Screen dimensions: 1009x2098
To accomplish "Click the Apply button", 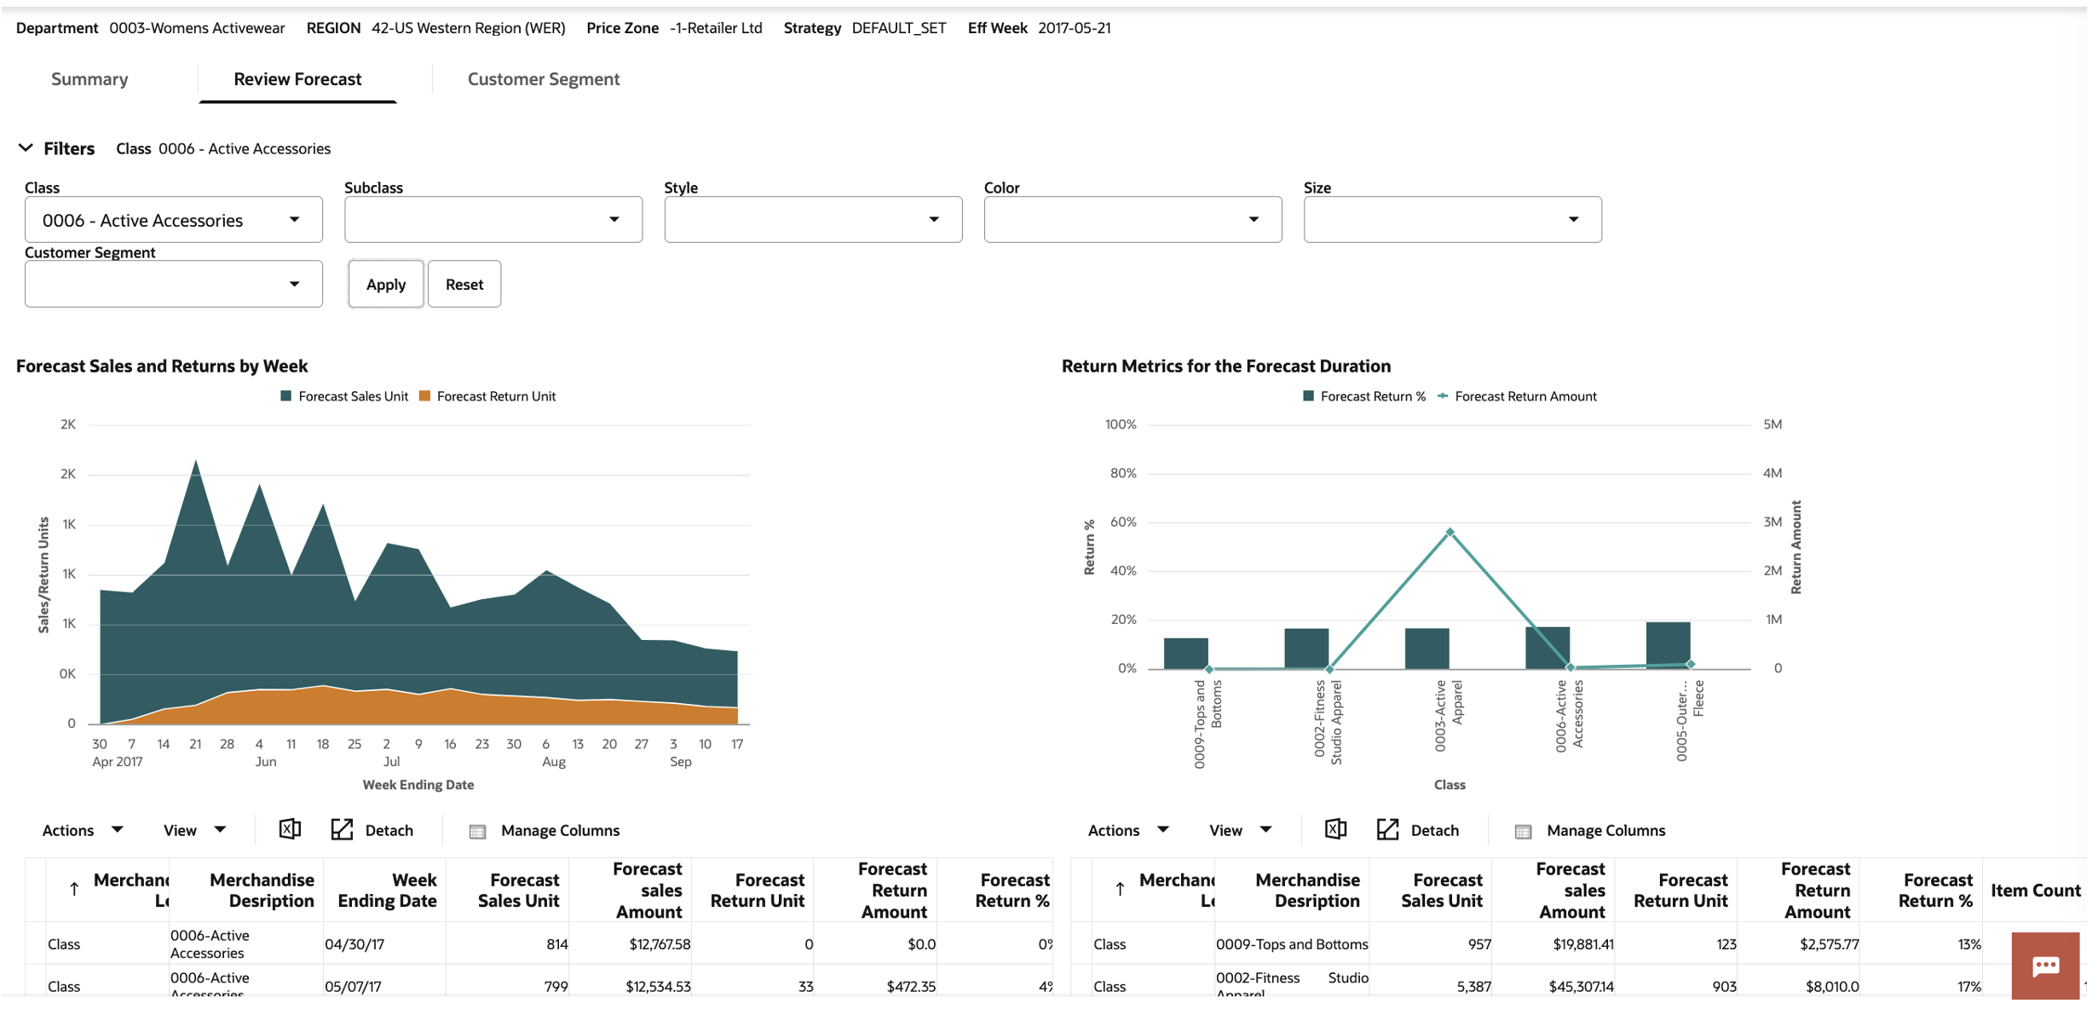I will click(x=385, y=285).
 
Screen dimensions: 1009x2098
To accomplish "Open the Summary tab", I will click(x=89, y=79).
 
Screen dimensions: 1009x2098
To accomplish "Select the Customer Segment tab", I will click(x=543, y=79).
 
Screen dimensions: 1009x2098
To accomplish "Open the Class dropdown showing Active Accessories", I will click(x=173, y=220).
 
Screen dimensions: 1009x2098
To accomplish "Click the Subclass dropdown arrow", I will click(x=614, y=220).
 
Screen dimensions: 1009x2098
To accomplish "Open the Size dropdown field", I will click(x=1451, y=220).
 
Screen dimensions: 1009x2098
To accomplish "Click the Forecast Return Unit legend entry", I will click(x=487, y=396).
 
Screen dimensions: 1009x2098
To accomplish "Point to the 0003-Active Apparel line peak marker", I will click(x=1450, y=533).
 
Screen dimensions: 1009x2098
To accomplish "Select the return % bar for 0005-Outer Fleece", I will click(x=1667, y=645).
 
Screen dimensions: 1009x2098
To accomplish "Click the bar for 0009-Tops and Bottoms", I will click(x=1185, y=653).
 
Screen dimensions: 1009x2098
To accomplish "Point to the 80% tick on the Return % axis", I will click(x=1122, y=473).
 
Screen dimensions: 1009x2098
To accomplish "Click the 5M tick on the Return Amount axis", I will click(x=1772, y=424).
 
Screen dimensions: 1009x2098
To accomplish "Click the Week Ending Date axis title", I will click(x=418, y=785).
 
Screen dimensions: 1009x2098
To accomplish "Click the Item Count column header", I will click(x=2035, y=891).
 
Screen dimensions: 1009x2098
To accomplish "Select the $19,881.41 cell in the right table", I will click(x=1582, y=944).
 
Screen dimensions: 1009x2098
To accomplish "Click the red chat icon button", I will click(x=2044, y=966).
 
